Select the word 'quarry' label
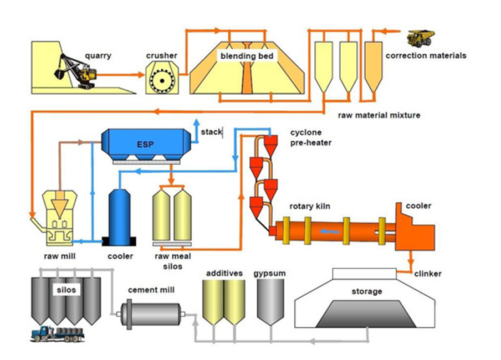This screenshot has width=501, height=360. click(98, 55)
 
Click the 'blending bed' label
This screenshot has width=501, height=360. click(246, 55)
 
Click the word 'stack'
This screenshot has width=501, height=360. click(211, 132)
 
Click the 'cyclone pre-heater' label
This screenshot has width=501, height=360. click(310, 137)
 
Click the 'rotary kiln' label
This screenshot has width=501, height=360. click(310, 207)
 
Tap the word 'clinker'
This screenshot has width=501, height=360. click(428, 274)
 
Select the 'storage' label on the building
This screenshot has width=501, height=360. click(366, 291)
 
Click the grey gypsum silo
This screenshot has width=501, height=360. click(270, 302)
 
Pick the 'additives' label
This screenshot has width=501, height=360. click(224, 274)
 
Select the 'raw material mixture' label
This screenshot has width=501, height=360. click(379, 115)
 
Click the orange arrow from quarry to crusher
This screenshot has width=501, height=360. click(120, 73)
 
